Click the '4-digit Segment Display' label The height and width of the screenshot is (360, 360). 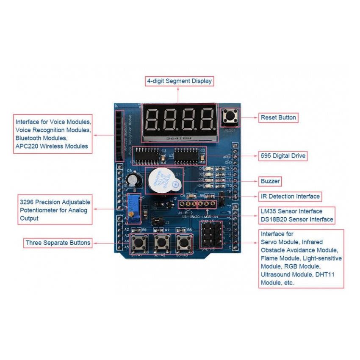179,81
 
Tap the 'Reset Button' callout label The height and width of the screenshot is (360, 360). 278,117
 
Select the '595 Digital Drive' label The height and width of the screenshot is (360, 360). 282,156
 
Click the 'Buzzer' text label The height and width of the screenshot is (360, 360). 270,181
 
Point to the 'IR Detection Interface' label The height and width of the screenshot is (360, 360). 290,197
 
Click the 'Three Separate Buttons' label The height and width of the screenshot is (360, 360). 58,243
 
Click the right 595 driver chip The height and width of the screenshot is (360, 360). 186,156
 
